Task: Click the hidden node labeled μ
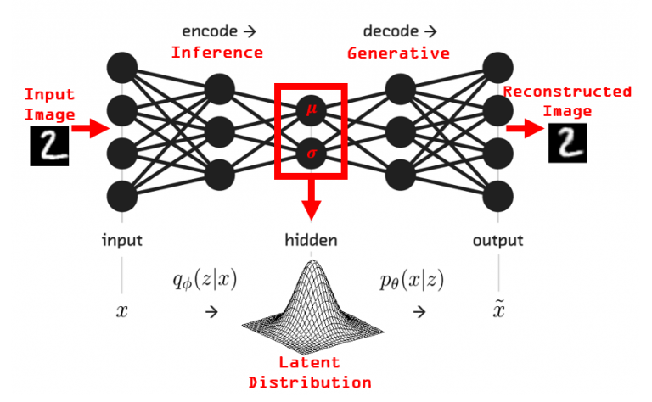click(311, 110)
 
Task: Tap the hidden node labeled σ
click(311, 154)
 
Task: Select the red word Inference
click(217, 53)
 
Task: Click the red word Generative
click(398, 53)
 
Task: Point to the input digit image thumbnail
click(49, 146)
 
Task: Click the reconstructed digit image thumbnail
click(568, 142)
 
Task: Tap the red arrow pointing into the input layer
click(90, 127)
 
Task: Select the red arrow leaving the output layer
click(525, 128)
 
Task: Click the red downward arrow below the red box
click(311, 200)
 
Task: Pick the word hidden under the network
click(311, 240)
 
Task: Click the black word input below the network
click(122, 241)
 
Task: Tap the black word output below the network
click(497, 241)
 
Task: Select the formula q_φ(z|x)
click(205, 280)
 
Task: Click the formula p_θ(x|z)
click(412, 280)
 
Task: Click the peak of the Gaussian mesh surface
click(312, 261)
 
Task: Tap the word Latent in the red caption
click(309, 362)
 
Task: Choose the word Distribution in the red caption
click(310, 382)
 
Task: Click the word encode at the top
click(210, 31)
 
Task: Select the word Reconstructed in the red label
click(568, 92)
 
